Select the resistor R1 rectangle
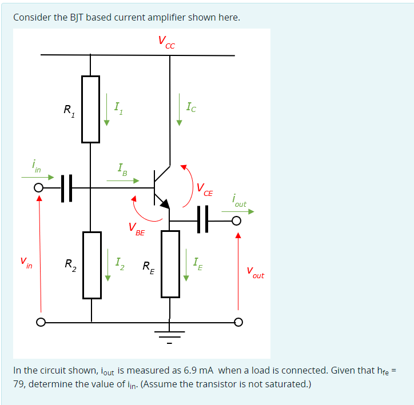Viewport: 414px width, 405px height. tap(91, 109)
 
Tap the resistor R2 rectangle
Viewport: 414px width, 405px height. tap(91, 264)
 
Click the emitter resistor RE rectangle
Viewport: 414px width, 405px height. tap(170, 263)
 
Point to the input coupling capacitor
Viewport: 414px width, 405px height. tap(67, 187)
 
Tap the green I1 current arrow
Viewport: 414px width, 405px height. tap(106, 113)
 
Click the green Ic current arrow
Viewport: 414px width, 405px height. tap(179, 113)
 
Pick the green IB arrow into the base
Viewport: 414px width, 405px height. tap(123, 181)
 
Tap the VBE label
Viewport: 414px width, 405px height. tap(137, 230)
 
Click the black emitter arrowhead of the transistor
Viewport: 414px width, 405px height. tap(164, 203)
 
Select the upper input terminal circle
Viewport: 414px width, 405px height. tap(39, 187)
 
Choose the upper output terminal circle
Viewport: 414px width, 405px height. tap(237, 220)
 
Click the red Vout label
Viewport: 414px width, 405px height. tap(255, 272)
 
